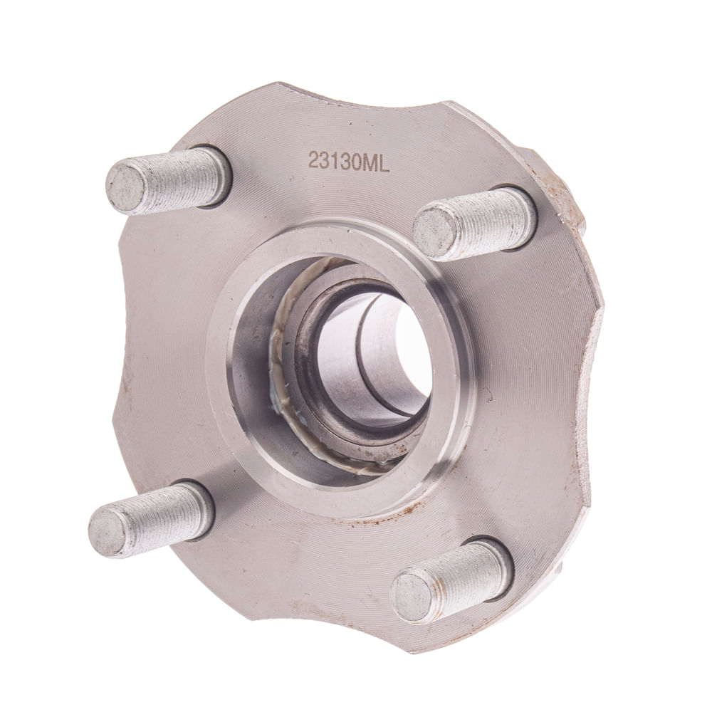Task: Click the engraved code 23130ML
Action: coord(349,162)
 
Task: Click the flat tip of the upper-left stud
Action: coord(125,187)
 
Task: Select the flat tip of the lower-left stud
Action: coord(108,530)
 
